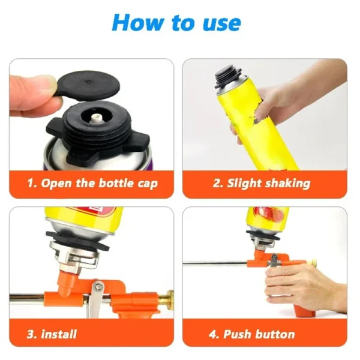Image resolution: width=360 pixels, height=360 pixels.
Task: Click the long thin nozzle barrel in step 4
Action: coord(216,263)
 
